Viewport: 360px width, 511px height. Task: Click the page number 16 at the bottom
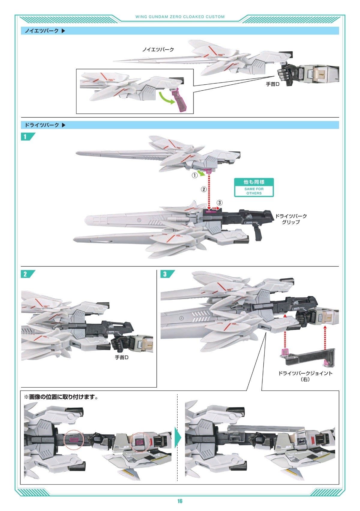pyautogui.click(x=180, y=501)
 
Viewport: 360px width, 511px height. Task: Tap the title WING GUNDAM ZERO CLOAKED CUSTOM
pyautogui.click(x=180, y=17)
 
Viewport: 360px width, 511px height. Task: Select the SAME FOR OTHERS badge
pyautogui.click(x=254, y=187)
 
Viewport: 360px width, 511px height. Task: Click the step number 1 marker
pyautogui.click(x=25, y=137)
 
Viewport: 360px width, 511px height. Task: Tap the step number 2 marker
pyautogui.click(x=25, y=274)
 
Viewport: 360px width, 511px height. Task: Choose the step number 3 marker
pyautogui.click(x=165, y=274)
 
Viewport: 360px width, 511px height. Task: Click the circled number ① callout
pyautogui.click(x=195, y=175)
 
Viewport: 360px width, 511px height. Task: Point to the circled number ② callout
pyautogui.click(x=204, y=189)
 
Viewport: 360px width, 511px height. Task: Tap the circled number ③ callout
pyautogui.click(x=220, y=203)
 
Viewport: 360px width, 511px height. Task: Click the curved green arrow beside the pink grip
pyautogui.click(x=166, y=98)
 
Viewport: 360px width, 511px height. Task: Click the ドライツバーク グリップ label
pyautogui.click(x=291, y=219)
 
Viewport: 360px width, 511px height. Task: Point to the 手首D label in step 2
pyautogui.click(x=122, y=357)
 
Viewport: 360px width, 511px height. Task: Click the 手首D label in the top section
pyautogui.click(x=272, y=84)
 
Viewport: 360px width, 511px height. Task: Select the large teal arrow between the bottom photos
pyautogui.click(x=178, y=439)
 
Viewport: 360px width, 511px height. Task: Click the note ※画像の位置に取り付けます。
pyautogui.click(x=61, y=397)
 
